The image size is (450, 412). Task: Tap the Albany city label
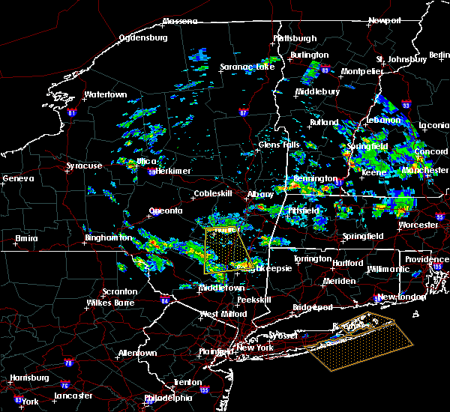[261, 194]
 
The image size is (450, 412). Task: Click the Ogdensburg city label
[147, 37]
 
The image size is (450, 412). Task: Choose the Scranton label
[120, 291]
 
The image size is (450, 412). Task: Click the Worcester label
[418, 225]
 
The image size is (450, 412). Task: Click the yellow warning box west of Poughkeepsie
[225, 249]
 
